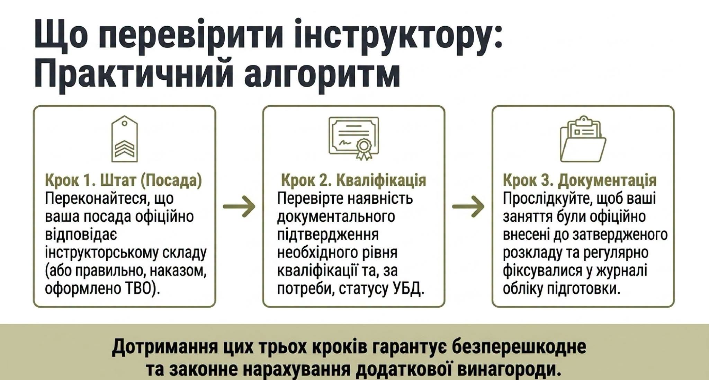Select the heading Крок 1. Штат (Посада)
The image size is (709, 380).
pyautogui.click(x=123, y=180)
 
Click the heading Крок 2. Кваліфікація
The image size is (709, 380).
pyautogui.click(x=353, y=180)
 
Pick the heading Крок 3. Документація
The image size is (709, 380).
pyautogui.click(x=580, y=180)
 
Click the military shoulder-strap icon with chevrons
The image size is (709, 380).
pyautogui.click(x=125, y=139)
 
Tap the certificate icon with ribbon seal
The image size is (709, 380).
pyautogui.click(x=354, y=138)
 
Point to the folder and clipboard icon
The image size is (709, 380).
pyautogui.click(x=583, y=139)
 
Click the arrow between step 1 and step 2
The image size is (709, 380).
pyautogui.click(x=239, y=206)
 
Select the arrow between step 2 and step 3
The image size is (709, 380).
pyautogui.click(x=468, y=206)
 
